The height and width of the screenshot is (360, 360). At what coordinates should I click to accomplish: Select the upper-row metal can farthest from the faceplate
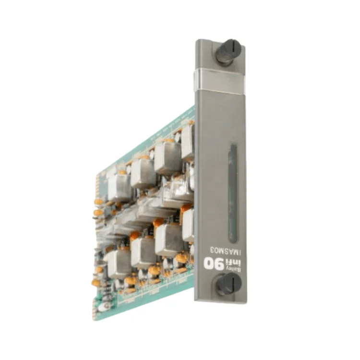(x=119, y=186)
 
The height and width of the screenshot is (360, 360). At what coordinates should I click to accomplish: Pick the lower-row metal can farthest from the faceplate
(x=117, y=264)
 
